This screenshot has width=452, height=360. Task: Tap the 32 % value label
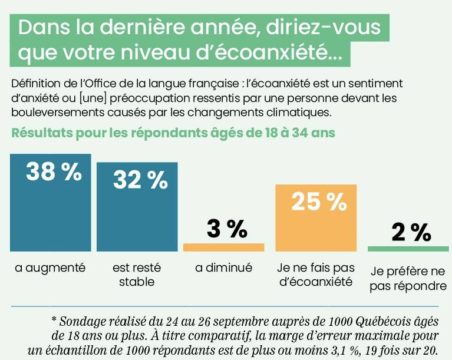pyautogui.click(x=140, y=180)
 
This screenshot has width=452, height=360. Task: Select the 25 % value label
pyautogui.click(x=319, y=202)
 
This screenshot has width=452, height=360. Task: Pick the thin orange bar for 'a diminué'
pyautogui.click(x=223, y=247)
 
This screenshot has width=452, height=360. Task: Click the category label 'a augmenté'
pyautogui.click(x=51, y=268)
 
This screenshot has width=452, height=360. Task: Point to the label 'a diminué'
pyautogui.click(x=224, y=268)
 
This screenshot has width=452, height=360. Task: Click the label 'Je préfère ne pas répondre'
pyautogui.click(x=408, y=279)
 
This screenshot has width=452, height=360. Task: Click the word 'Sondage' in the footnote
pyautogui.click(x=81, y=322)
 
